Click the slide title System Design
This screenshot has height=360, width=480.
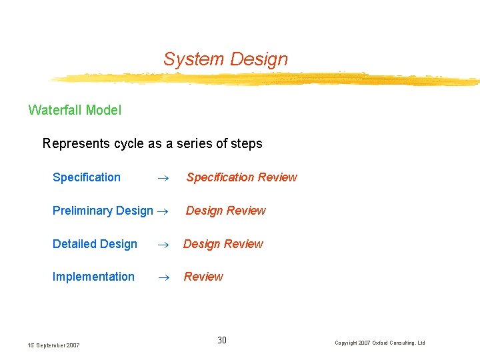(225, 59)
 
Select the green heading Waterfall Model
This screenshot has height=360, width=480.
(75, 110)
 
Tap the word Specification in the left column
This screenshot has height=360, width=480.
(87, 177)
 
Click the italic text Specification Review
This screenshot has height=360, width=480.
(241, 177)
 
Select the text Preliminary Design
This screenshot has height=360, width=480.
(103, 211)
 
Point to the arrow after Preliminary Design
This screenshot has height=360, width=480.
(161, 211)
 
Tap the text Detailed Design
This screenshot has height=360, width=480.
(95, 244)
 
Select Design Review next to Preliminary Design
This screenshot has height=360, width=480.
(225, 211)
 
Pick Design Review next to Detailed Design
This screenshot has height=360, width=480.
(223, 244)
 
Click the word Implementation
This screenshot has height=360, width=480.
(93, 277)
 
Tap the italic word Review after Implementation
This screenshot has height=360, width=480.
(203, 277)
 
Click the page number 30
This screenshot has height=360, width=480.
(222, 341)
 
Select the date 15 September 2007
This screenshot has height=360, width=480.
(53, 345)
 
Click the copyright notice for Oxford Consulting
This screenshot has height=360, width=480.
(380, 343)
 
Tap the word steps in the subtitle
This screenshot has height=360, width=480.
(246, 144)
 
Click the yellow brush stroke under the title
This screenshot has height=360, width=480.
(267, 80)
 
